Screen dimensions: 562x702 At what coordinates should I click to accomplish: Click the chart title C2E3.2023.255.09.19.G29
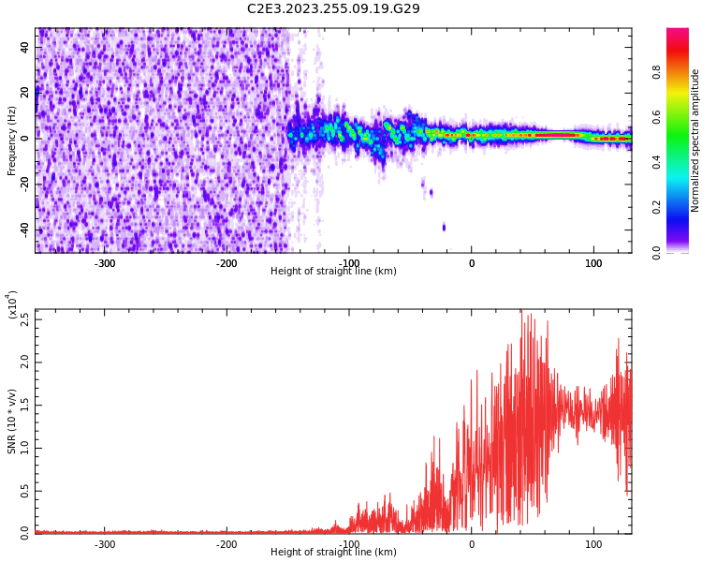coord(333,8)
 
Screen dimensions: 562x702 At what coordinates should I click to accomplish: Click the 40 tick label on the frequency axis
coord(24,47)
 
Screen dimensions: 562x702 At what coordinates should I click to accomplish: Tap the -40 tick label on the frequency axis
coord(22,229)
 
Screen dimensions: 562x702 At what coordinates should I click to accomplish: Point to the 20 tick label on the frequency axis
coord(24,92)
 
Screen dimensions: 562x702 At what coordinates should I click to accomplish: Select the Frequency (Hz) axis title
coord(11,140)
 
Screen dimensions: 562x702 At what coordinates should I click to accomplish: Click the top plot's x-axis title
coord(333,272)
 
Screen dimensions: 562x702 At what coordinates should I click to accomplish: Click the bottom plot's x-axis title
coord(333,553)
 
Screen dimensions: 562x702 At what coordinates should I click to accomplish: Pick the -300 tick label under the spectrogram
coord(104,263)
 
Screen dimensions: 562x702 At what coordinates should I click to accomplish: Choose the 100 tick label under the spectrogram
coord(593,263)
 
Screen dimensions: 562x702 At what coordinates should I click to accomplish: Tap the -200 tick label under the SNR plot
coord(227,544)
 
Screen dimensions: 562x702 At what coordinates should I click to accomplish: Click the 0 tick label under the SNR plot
coord(471,544)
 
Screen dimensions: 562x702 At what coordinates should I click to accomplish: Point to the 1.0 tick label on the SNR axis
coord(24,448)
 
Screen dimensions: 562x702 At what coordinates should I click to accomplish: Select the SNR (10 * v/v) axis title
coord(12,421)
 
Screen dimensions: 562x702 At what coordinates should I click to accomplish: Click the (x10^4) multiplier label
coord(12,305)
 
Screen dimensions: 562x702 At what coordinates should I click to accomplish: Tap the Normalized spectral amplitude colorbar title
coord(695,140)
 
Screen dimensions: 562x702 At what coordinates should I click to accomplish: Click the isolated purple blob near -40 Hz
coord(444,227)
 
